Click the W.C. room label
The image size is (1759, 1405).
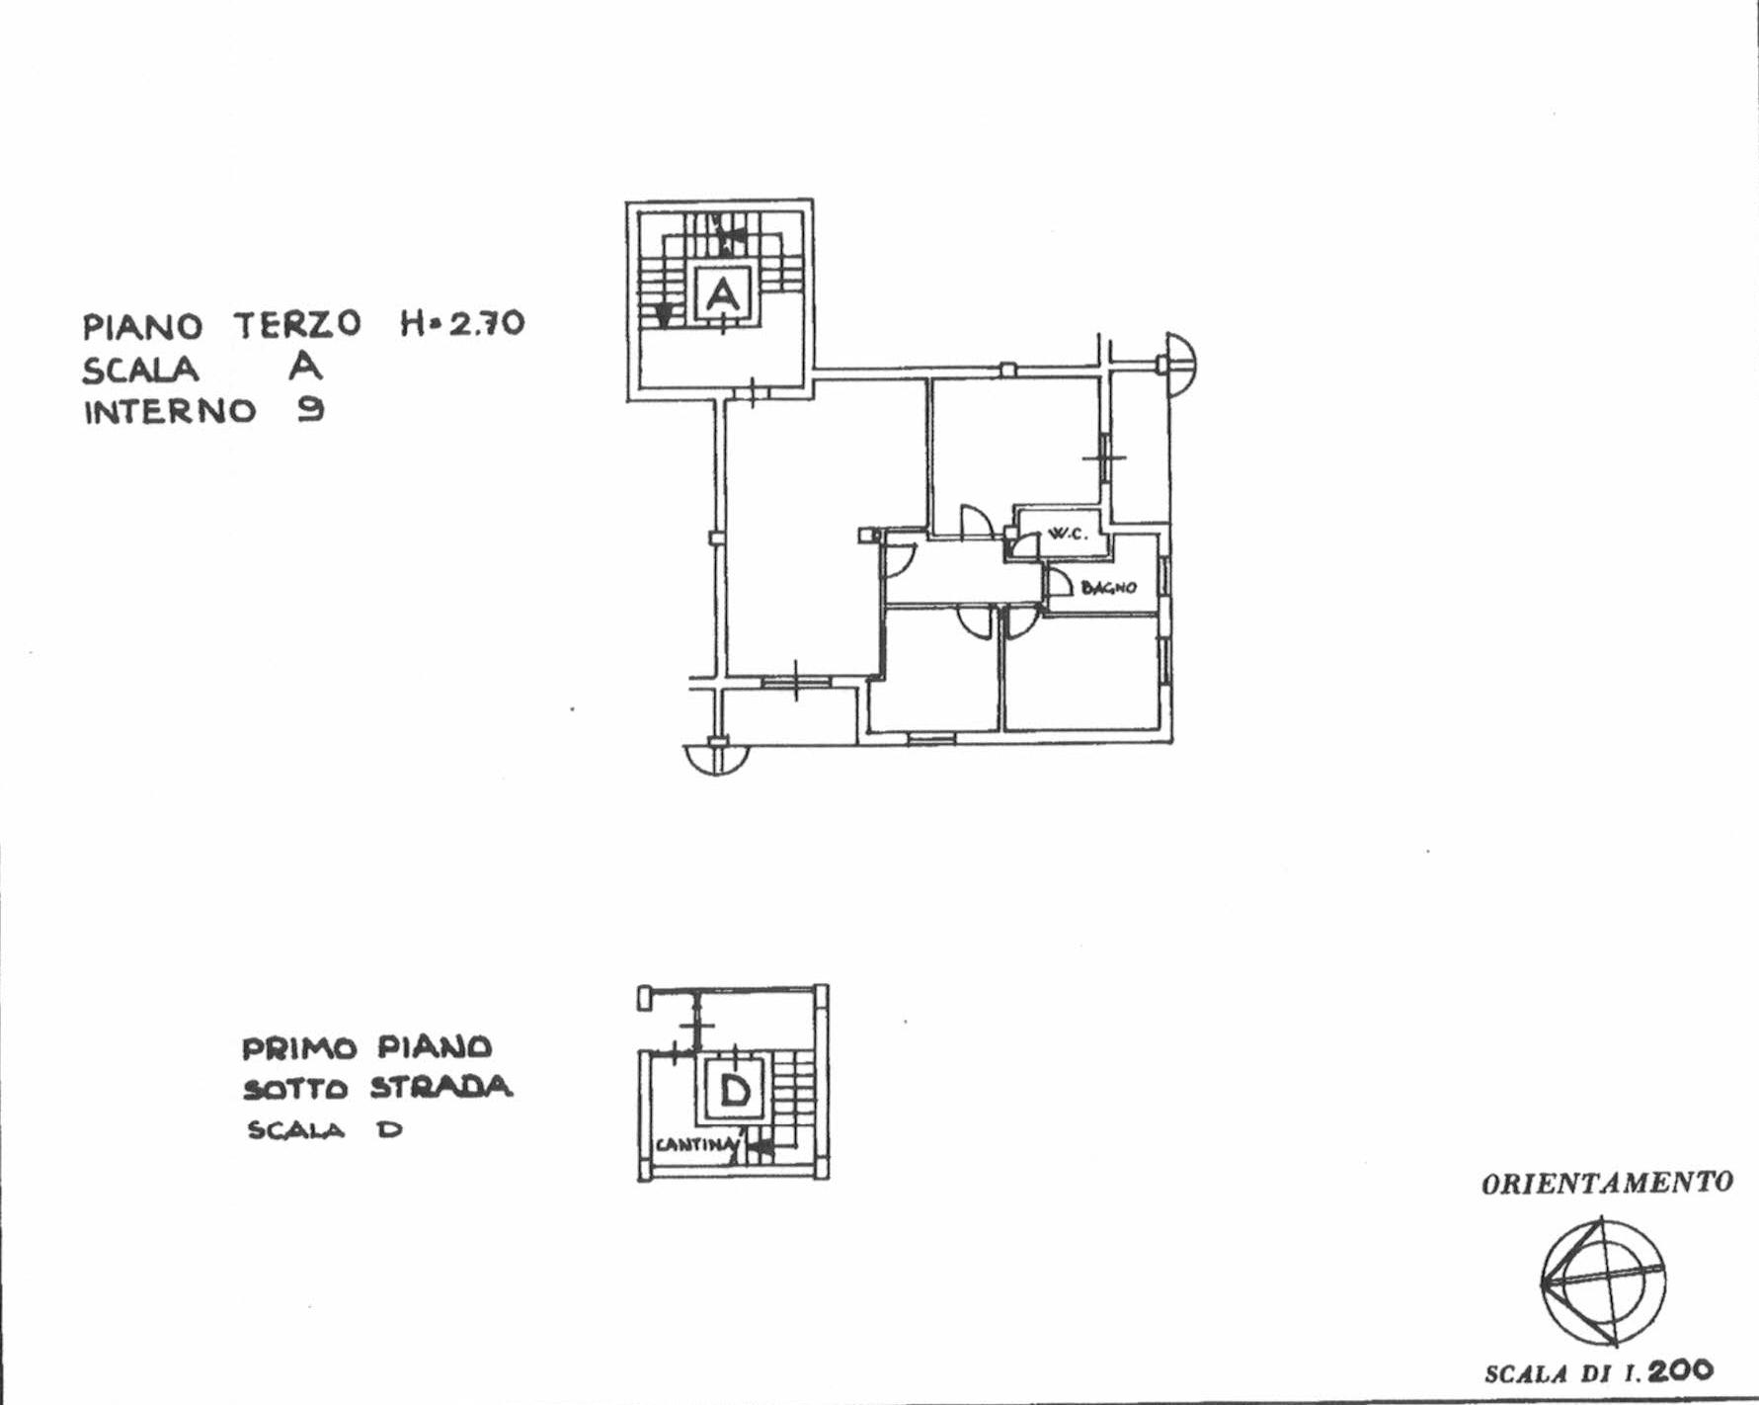point(1067,534)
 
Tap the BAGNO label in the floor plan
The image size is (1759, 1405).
point(1108,588)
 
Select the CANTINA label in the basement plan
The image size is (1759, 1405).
point(697,1145)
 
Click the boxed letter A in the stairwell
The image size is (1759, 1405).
point(723,294)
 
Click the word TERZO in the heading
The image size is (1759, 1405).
point(297,324)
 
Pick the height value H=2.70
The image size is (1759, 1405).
point(462,323)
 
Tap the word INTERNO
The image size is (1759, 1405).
point(170,411)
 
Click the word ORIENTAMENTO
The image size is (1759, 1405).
point(1607,1183)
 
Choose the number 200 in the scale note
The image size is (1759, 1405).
point(1680,1369)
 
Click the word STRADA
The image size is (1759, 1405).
point(441,1088)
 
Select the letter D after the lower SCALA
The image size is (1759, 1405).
point(390,1129)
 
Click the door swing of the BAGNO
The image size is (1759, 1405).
point(1059,583)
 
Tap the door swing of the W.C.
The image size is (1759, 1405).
point(1025,544)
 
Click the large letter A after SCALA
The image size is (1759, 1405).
point(305,366)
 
